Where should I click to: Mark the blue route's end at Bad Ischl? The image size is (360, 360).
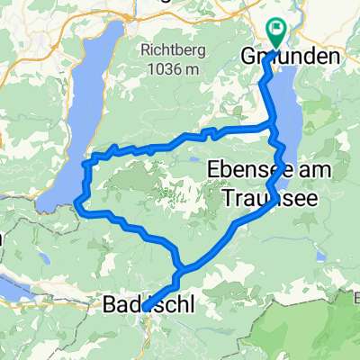(x=144, y=308)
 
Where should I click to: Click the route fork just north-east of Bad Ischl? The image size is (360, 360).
(x=183, y=268)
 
